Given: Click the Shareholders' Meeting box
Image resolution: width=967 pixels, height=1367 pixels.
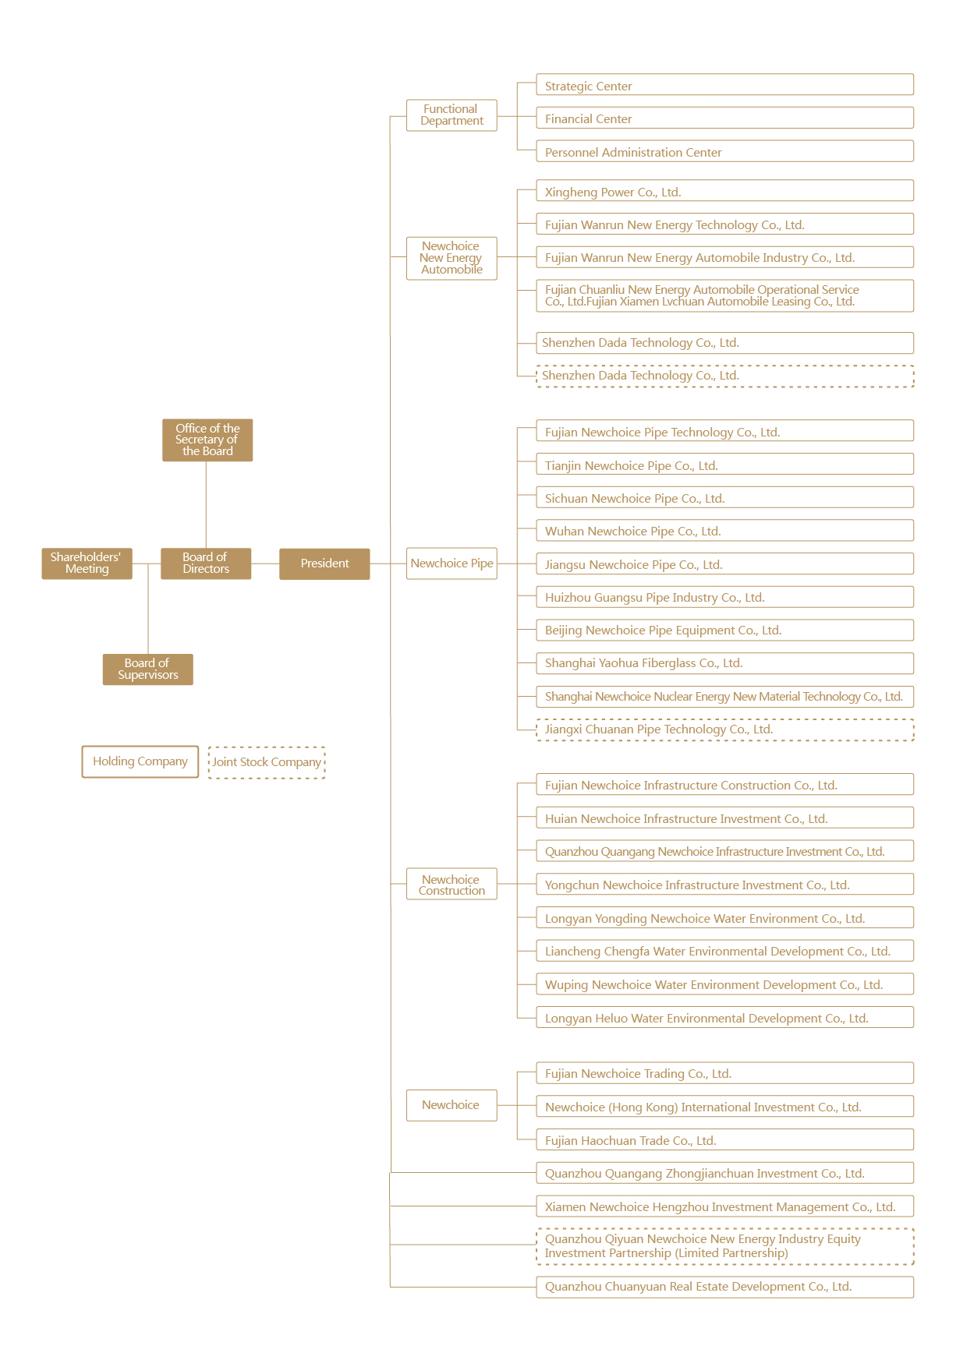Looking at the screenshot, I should point(87,563).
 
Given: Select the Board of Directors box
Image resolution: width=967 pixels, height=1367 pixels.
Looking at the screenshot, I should point(206,563).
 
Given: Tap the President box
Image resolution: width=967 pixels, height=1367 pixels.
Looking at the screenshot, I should point(324,563).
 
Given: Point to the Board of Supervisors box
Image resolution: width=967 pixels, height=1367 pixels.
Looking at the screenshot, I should point(147,669).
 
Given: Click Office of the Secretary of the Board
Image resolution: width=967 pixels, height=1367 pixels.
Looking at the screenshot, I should point(207,440).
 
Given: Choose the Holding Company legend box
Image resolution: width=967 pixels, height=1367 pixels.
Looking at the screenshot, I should point(140,761).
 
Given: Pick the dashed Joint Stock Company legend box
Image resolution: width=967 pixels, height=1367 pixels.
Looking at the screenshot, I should point(267,762).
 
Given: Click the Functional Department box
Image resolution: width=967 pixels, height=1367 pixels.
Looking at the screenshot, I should point(452,115).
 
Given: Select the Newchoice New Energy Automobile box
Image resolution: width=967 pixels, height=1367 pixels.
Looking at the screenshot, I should point(452,258).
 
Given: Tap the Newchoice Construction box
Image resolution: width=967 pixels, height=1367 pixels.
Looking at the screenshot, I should point(452,885).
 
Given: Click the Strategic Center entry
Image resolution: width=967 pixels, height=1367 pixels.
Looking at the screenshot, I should point(724,85).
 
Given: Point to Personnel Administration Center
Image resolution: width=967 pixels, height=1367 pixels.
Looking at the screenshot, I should point(724,152).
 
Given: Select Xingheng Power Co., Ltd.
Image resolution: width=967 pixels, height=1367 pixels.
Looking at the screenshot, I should point(724,192).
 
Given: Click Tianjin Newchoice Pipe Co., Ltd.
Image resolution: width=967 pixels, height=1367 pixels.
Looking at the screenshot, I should point(724,465).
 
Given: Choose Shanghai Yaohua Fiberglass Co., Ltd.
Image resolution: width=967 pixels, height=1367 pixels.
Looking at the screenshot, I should point(724,663).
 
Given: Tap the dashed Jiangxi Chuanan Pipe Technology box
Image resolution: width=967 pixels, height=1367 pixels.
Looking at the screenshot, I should point(724,729).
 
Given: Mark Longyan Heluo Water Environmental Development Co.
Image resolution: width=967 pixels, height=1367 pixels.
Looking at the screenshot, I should point(724,1018).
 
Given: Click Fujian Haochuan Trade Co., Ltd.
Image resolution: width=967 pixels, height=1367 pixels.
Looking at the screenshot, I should point(724,1140).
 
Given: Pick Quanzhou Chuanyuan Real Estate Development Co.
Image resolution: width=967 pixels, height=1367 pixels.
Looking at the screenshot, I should point(724,1287).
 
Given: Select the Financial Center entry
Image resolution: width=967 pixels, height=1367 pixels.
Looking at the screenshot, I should point(724,118).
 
